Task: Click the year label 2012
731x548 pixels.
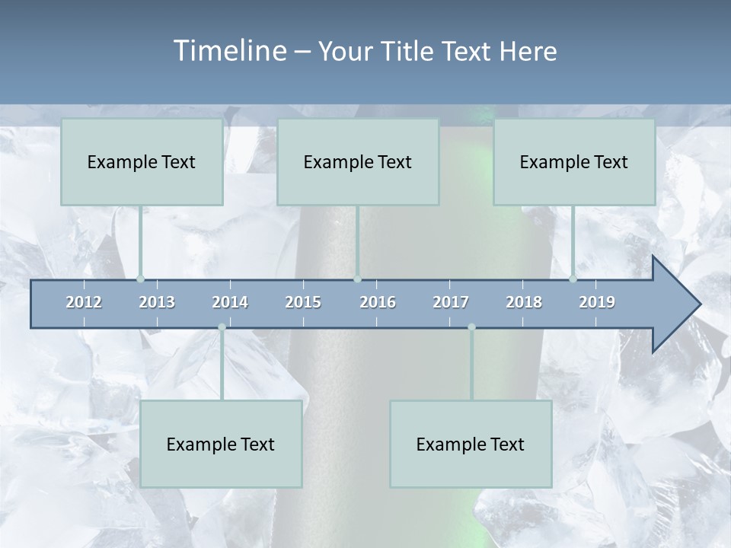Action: click(x=84, y=302)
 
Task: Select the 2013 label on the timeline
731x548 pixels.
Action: click(x=157, y=302)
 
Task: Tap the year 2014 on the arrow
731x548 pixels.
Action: click(x=230, y=302)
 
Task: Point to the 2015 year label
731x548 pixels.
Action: click(x=303, y=302)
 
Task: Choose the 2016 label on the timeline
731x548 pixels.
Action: click(x=378, y=302)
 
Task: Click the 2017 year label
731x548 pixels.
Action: click(x=451, y=302)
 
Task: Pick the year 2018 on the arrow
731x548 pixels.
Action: click(x=524, y=302)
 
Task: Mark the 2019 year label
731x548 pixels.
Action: click(x=597, y=302)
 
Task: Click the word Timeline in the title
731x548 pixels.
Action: click(x=228, y=51)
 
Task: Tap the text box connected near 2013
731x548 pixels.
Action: click(x=142, y=161)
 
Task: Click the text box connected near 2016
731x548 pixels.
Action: click(x=358, y=161)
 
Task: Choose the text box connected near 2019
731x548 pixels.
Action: click(x=574, y=161)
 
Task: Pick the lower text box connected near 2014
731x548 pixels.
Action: click(x=221, y=444)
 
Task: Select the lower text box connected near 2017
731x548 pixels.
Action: click(x=471, y=444)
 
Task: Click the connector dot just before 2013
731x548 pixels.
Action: click(x=140, y=279)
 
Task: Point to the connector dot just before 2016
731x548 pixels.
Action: click(x=358, y=279)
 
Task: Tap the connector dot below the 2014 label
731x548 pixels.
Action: click(x=222, y=327)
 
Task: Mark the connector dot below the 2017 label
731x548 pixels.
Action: click(x=471, y=327)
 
